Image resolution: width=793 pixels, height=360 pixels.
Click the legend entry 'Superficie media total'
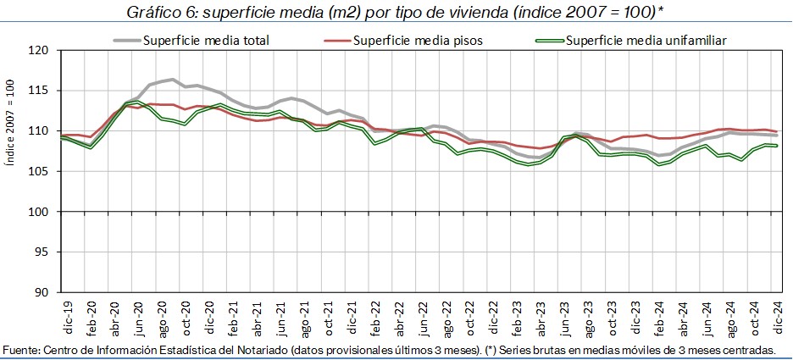pyautogui.click(x=207, y=40)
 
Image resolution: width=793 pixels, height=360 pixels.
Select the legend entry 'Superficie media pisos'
pyautogui.click(x=410, y=40)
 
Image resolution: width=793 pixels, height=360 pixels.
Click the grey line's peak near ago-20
pyautogui.click(x=172, y=80)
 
